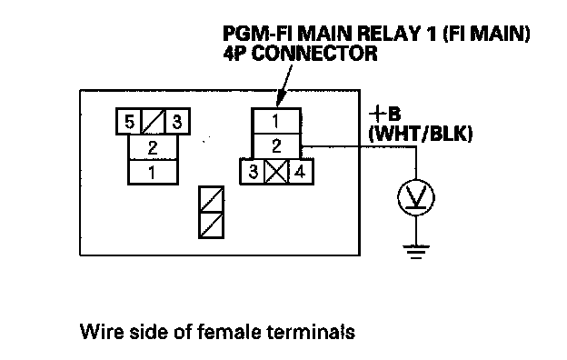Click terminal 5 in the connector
pos(129,122)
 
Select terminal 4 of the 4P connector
pos(301,172)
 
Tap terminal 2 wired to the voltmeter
pos(276,146)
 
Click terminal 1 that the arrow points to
pos(276,121)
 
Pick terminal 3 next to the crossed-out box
pos(253,172)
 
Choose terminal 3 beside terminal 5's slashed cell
pos(177,122)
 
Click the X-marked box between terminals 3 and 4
pos(277,172)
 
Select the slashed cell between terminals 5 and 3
pos(154,122)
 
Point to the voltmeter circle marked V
pos(416,197)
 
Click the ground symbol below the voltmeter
pos(416,252)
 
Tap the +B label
pos(384,115)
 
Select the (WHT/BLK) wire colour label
pos(421,135)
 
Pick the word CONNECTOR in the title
pos(314,54)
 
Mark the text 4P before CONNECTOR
pos(234,54)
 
